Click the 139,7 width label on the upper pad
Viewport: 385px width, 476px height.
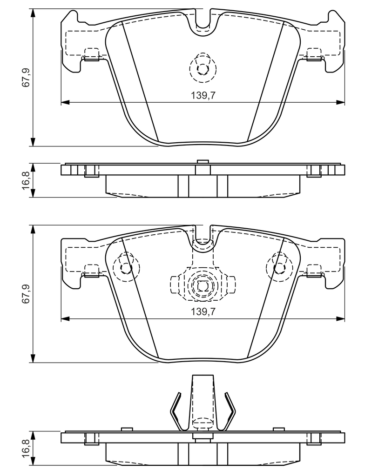[203, 95]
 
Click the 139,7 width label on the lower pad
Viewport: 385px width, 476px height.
[203, 312]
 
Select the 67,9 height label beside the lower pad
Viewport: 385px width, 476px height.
[27, 294]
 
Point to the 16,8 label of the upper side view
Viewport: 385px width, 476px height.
[27, 180]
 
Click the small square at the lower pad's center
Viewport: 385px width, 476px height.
[203, 286]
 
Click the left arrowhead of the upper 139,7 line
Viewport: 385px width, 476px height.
[66, 102]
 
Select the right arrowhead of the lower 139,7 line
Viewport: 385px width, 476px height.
[341, 319]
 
